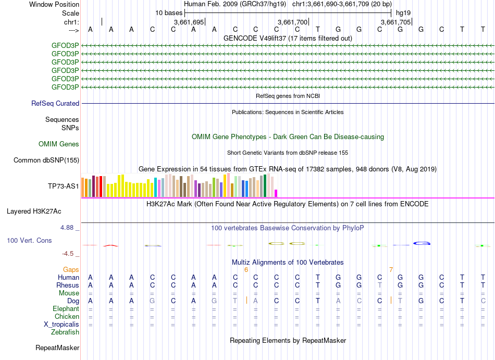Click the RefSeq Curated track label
[55, 103]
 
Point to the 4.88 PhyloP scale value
[68, 228]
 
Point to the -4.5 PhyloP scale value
[68, 254]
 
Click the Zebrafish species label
[65, 332]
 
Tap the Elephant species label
[66, 308]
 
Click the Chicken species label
[67, 316]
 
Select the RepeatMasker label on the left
[57, 347]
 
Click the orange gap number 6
[246, 269]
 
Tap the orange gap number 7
[391, 269]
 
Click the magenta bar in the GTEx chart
[276, 193]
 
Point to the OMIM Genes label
[59, 144]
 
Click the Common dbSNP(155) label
[46, 160]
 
